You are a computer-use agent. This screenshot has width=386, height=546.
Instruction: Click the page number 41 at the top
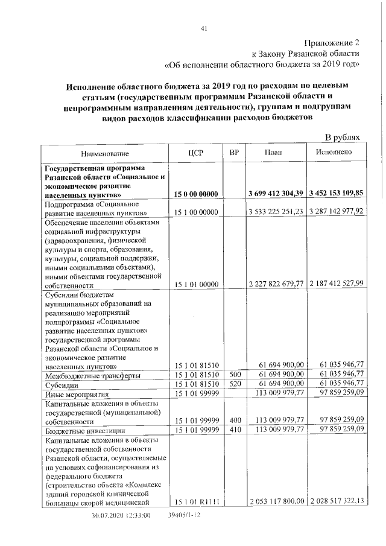(x=204, y=28)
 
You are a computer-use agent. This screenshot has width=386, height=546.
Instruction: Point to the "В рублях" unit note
(x=342, y=138)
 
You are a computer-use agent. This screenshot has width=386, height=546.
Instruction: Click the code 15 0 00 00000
(x=196, y=194)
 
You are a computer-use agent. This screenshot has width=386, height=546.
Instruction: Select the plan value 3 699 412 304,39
(x=276, y=194)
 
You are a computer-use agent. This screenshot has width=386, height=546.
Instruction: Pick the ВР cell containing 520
(x=234, y=384)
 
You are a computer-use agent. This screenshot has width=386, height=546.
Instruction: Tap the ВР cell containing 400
(x=234, y=420)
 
